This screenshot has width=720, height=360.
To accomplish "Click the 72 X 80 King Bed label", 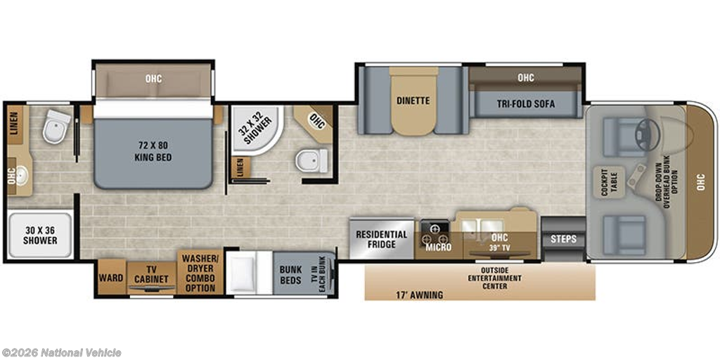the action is pos(154,152).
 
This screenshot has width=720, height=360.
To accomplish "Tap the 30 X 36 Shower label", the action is pos(40,235).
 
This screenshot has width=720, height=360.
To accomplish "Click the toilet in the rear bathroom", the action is pos(56,127).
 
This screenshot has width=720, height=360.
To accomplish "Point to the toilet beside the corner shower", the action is pos(311,161).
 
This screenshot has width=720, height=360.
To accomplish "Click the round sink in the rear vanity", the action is pos(22,175).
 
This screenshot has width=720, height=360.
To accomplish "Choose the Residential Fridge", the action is pos(382,239).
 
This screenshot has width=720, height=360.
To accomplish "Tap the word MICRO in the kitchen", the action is pos(438,247).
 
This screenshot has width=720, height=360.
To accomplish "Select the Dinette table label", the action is pos(413,101).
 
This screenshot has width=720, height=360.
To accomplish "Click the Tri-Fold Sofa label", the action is pos(525,104).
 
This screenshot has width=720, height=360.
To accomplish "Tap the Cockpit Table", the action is pos(608,182).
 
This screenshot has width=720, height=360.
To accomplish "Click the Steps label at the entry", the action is pos(563,239).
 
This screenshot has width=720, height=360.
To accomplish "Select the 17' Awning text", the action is pos(419,295).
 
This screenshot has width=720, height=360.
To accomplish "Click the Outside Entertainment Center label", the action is pos(494,278).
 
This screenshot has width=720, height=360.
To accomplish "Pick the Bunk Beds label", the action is pos(290,275).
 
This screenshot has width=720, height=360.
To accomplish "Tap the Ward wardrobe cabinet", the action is pos(111,277).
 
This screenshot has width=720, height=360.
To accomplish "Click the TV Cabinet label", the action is pos(152,274).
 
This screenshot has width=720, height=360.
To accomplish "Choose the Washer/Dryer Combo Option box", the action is pos(200,273).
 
